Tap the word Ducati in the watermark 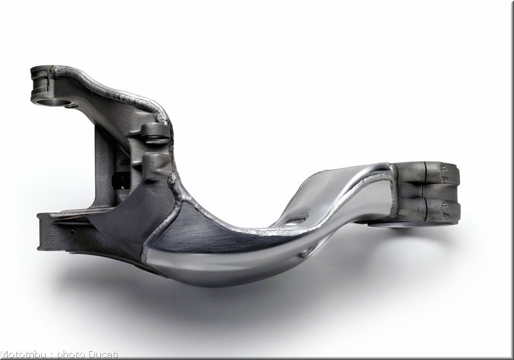tap(103, 355)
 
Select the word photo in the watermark tap(71, 355)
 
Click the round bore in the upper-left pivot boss tap(53, 102)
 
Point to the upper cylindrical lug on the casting tap(155, 132)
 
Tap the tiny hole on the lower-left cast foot tap(72, 231)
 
